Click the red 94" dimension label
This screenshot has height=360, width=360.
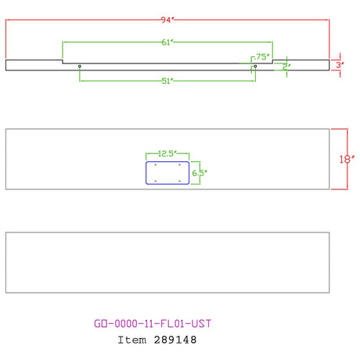(x=167, y=20)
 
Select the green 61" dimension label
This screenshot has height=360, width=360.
(x=167, y=42)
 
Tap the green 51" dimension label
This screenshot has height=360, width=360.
(x=167, y=81)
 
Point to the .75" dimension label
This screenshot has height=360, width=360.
(x=262, y=56)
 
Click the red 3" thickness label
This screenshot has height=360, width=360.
(x=340, y=65)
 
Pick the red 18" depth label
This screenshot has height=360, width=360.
(x=347, y=159)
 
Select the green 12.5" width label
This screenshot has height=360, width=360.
(x=167, y=153)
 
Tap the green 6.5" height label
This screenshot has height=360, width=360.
(x=200, y=173)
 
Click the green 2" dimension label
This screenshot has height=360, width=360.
(x=286, y=67)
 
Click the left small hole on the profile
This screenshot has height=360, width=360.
(x=80, y=67)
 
